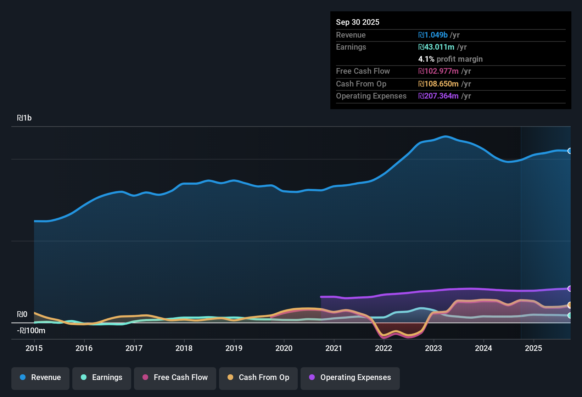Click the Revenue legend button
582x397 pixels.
tap(40, 378)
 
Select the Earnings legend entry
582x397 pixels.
tap(101, 378)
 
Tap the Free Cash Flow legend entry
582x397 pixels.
tap(175, 378)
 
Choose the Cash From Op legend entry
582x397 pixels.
tap(258, 378)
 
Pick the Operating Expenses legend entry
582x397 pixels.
tap(350, 378)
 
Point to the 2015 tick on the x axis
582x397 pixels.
tap(34, 348)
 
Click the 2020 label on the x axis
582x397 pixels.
tap(284, 348)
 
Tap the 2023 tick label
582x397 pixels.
tap(433, 348)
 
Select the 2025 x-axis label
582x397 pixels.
tap(533, 348)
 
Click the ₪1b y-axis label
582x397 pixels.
tap(24, 118)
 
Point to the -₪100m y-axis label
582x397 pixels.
tap(31, 331)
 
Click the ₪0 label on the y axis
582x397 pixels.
tap(22, 314)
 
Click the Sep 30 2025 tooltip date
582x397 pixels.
tap(357, 22)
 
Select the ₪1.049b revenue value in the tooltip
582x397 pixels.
tap(433, 35)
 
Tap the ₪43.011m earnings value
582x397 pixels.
tap(436, 47)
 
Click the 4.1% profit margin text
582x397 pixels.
tap(450, 59)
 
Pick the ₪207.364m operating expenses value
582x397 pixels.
tap(438, 96)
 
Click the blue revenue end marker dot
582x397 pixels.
tap(570, 151)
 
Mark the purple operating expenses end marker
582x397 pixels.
tap(570, 289)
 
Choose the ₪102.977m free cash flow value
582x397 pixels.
tap(438, 71)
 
